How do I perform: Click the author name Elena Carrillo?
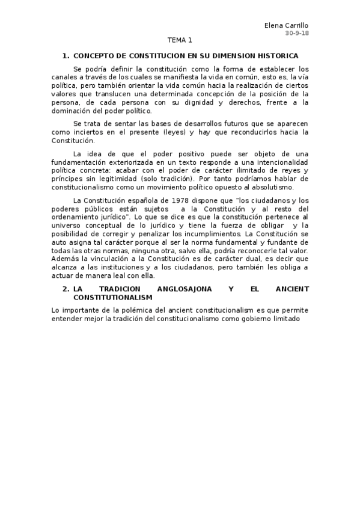(x=286, y=25)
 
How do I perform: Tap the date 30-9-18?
(x=296, y=33)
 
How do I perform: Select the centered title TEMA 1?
(x=180, y=41)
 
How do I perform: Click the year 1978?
(x=183, y=200)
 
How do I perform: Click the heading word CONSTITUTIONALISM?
(x=113, y=297)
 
